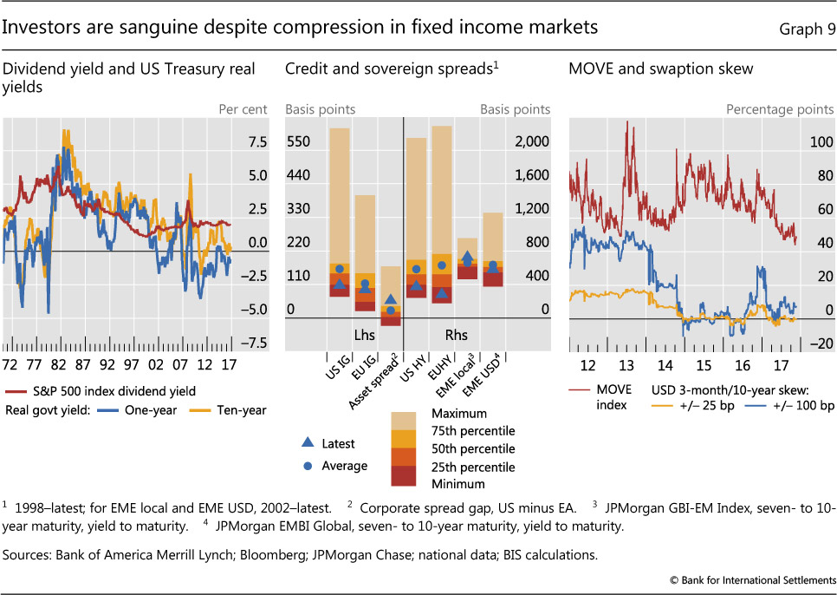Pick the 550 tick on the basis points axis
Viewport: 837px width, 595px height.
(x=299, y=142)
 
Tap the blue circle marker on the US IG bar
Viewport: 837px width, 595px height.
(x=339, y=269)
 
